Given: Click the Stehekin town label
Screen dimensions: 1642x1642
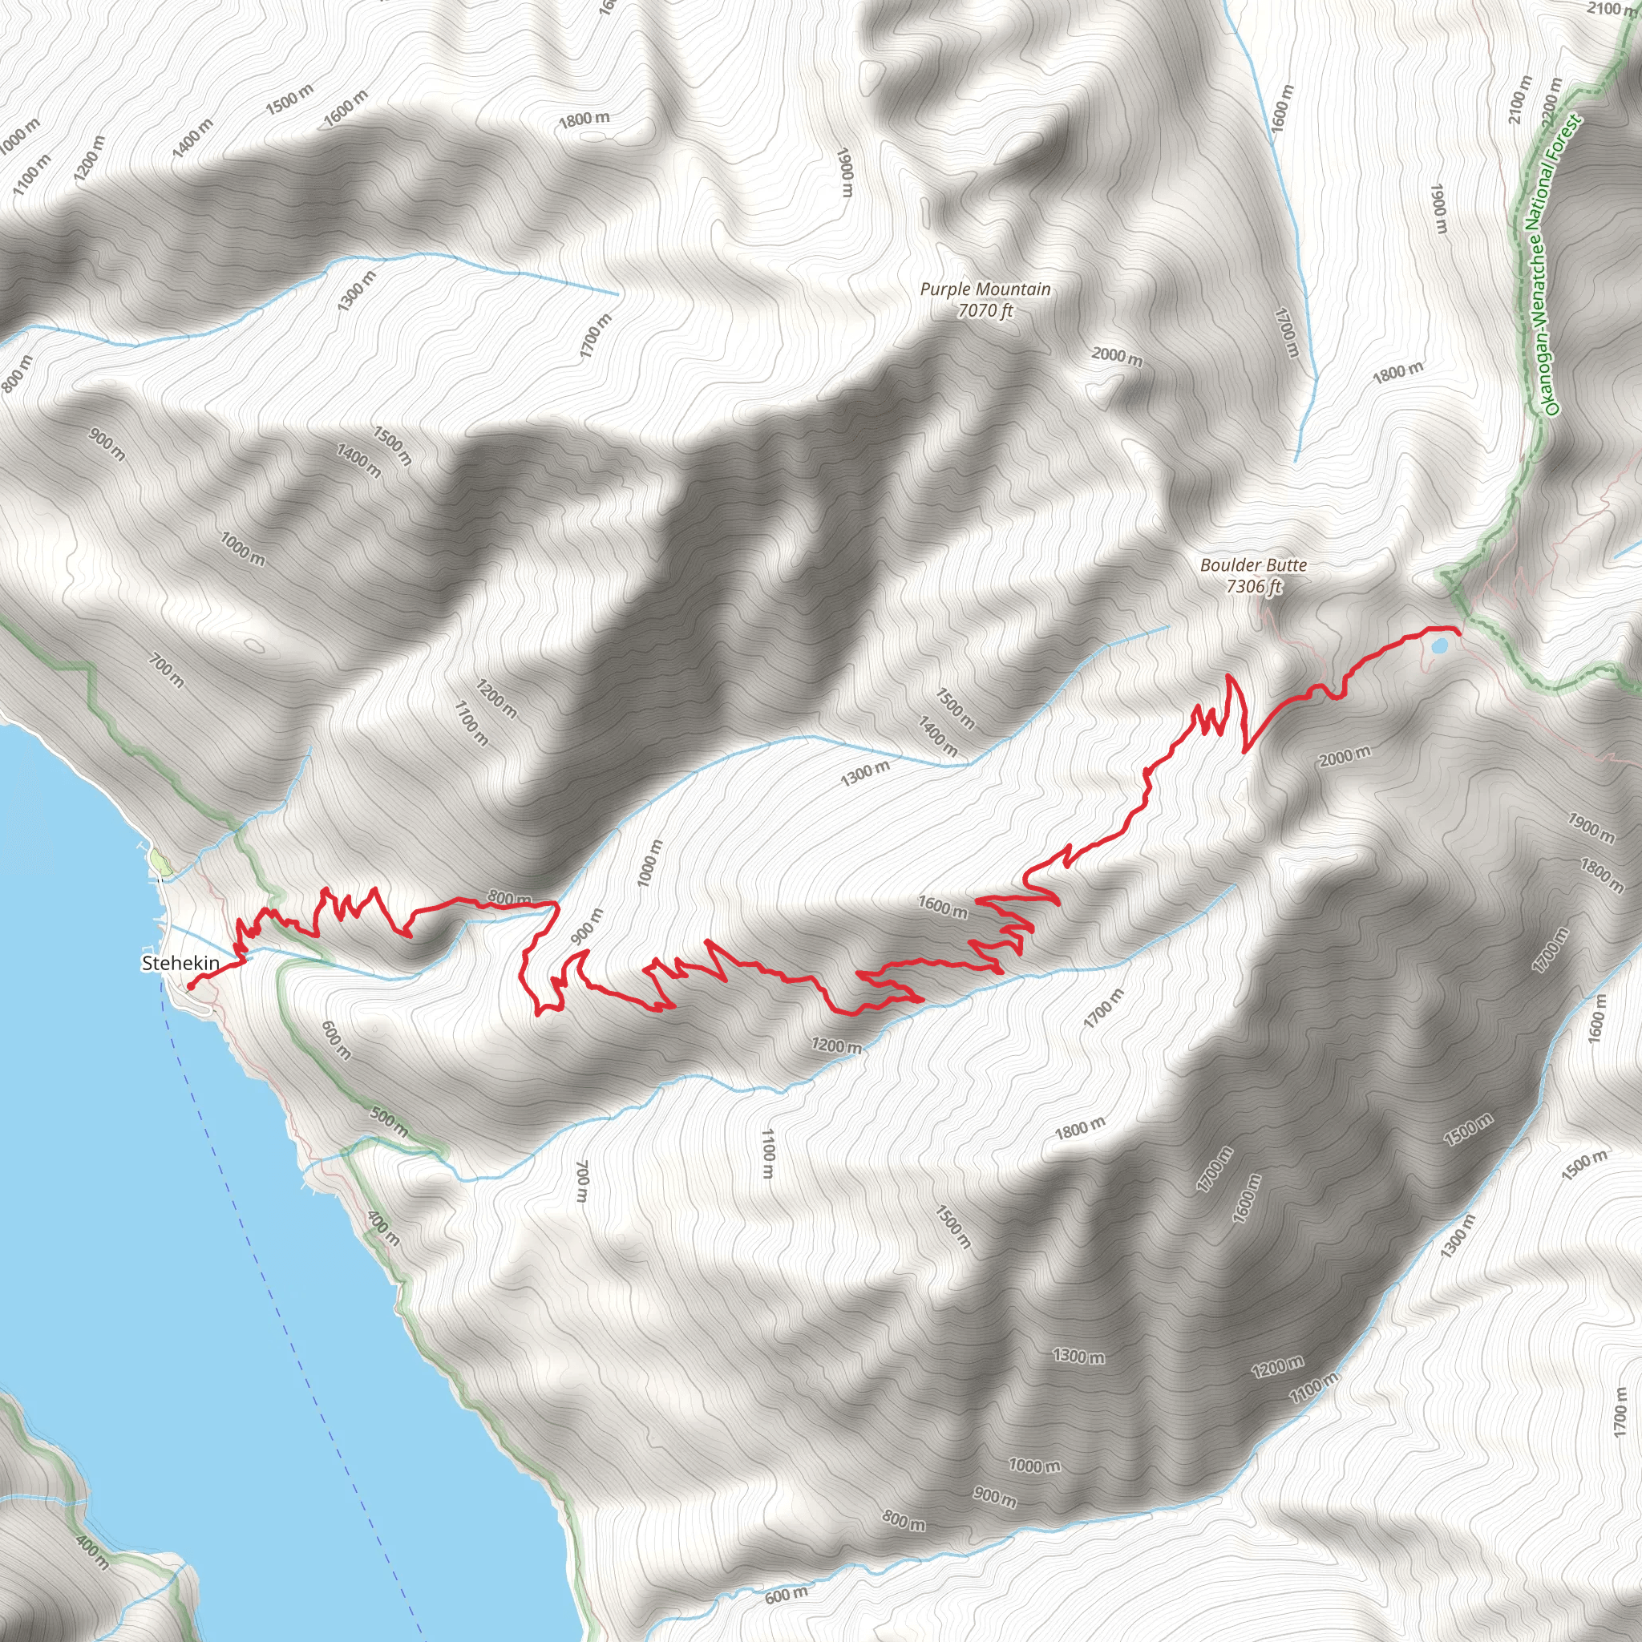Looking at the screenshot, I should pyautogui.click(x=180, y=963).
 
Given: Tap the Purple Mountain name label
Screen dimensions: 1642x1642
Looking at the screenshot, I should pyautogui.click(x=985, y=289).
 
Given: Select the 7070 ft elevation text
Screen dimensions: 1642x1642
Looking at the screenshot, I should pyautogui.click(x=985, y=311).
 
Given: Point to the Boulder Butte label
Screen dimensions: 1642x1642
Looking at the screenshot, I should pyautogui.click(x=1253, y=565).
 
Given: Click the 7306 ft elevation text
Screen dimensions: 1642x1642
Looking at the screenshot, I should pyautogui.click(x=1253, y=586).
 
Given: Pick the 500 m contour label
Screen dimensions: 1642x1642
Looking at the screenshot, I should pyautogui.click(x=389, y=1122).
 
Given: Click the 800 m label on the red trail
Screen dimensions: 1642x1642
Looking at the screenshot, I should pyautogui.click(x=509, y=898).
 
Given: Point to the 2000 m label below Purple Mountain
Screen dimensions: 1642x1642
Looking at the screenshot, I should pyautogui.click(x=1117, y=356).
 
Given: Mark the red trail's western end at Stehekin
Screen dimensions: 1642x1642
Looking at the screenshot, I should pyautogui.click(x=190, y=987).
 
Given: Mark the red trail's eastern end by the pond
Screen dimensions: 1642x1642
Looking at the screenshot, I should pyautogui.click(x=1458, y=633).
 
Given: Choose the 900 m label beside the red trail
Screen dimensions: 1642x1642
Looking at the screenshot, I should pyautogui.click(x=585, y=926).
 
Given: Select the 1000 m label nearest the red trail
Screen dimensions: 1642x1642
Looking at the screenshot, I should pyautogui.click(x=650, y=863).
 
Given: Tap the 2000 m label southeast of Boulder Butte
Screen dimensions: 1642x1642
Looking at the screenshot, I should pyautogui.click(x=1345, y=754).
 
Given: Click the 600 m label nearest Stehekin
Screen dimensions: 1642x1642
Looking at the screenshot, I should pyautogui.click(x=337, y=1039).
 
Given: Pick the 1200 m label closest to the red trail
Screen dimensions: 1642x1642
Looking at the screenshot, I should pyautogui.click(x=836, y=1045).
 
